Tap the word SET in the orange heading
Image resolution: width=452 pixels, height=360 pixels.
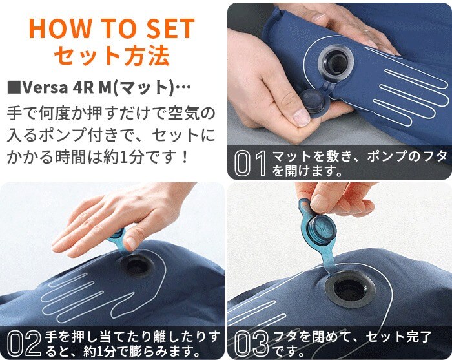tap(171, 28)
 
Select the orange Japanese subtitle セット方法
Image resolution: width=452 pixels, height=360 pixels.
tap(112, 55)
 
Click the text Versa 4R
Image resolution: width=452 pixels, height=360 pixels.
tap(57, 87)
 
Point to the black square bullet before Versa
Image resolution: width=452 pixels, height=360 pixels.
tap(14, 87)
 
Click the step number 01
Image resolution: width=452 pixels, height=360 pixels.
tap(250, 164)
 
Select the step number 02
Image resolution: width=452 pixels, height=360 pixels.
tap(25, 343)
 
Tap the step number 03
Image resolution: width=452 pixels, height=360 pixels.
tap(251, 343)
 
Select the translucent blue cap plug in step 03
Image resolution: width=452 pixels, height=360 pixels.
tap(322, 229)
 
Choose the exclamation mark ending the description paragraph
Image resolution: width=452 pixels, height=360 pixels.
tap(185, 157)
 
